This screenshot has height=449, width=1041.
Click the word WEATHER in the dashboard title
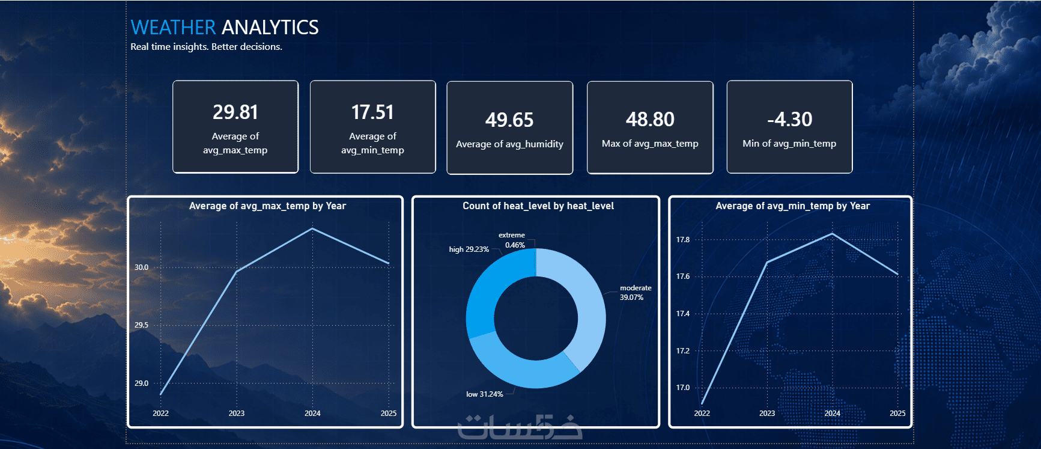[x=173, y=27]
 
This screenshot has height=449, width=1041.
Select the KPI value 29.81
[x=235, y=112]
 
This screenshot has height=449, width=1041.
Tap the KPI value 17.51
[x=372, y=112]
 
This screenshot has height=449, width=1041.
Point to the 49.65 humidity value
[x=509, y=120]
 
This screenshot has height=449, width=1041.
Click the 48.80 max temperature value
[x=650, y=119]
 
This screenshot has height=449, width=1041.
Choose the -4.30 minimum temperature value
[x=789, y=119]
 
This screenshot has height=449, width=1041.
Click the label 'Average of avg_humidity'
[x=509, y=144]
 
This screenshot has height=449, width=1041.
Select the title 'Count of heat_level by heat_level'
[x=538, y=206]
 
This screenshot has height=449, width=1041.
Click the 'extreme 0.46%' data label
[x=512, y=240]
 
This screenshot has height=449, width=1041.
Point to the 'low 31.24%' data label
[x=485, y=394]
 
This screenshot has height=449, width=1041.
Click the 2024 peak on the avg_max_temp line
[x=312, y=229]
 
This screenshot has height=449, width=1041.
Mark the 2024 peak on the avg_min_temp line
[x=832, y=234]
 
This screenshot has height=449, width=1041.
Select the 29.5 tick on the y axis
[x=141, y=325]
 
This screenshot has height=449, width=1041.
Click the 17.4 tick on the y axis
[x=683, y=314]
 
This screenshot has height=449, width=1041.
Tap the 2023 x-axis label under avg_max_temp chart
[x=237, y=414]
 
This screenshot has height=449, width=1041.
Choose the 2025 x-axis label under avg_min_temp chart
[x=897, y=414]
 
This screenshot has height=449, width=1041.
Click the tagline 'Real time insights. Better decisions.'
[x=206, y=47]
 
